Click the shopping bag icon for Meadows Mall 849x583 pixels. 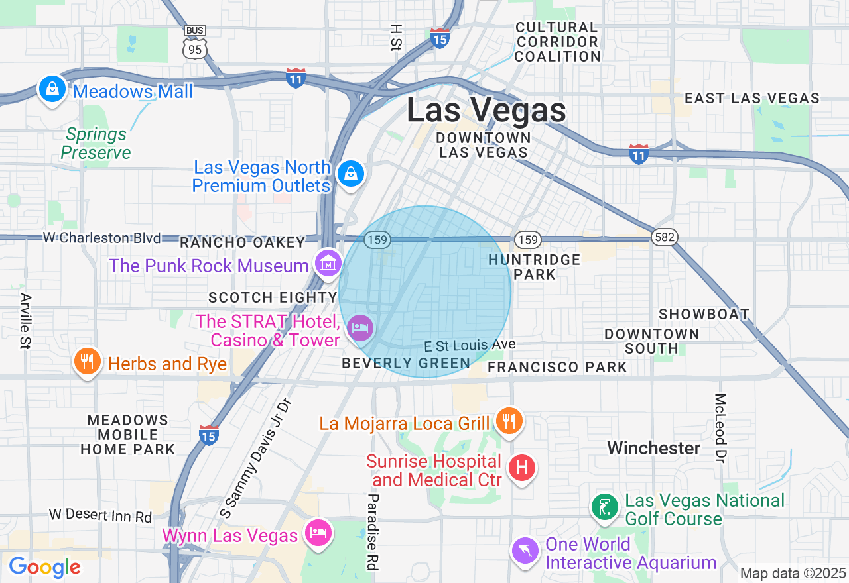(52, 88)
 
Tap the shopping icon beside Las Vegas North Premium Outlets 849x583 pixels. (350, 174)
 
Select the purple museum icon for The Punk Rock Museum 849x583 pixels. (328, 263)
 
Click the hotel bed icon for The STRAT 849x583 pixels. (360, 327)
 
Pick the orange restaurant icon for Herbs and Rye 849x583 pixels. (86, 361)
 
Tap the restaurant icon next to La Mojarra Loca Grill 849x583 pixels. (509, 421)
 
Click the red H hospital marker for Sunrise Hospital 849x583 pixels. (521, 468)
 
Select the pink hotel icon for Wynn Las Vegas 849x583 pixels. (318, 532)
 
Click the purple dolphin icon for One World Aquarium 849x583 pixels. (524, 551)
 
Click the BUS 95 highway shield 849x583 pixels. (195, 42)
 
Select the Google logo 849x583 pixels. (44, 567)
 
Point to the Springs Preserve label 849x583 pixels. (96, 144)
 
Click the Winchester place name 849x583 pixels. (654, 449)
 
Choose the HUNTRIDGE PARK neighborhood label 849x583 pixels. (534, 267)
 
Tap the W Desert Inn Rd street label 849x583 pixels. (100, 515)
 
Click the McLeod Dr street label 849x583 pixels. (720, 427)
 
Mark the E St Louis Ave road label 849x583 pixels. (470, 345)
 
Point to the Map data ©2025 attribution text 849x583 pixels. (793, 573)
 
